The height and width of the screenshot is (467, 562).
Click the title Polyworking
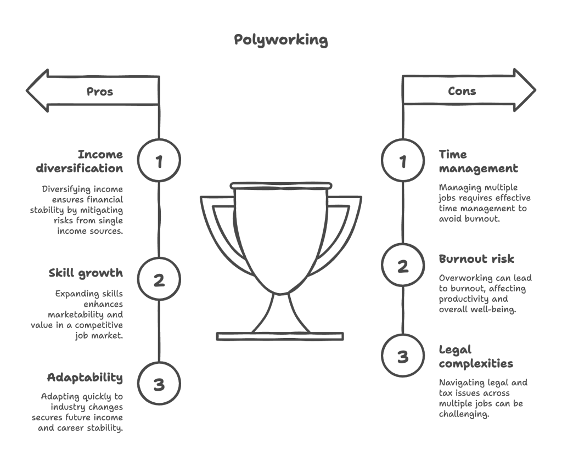[280, 40]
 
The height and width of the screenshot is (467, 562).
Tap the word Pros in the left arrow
[100, 92]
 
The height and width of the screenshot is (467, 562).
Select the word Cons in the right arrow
[462, 91]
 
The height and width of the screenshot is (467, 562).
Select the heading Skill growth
[86, 273]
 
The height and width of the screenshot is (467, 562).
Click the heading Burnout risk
[476, 259]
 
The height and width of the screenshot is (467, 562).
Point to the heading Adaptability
[85, 378]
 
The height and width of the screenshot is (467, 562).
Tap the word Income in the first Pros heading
[100, 154]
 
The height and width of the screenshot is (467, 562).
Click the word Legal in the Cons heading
[455, 350]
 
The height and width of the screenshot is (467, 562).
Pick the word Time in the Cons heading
[453, 154]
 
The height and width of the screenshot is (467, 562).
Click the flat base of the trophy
[280, 336]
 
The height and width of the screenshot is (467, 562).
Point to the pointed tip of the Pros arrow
[27, 91]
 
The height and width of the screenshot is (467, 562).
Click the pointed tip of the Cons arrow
[536, 90]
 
